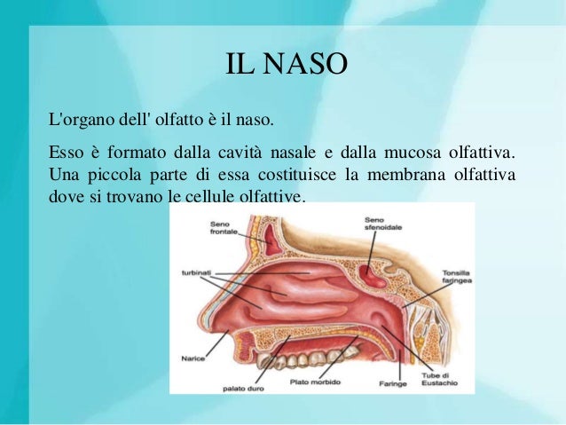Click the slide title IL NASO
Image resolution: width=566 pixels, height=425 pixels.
click(x=283, y=66)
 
